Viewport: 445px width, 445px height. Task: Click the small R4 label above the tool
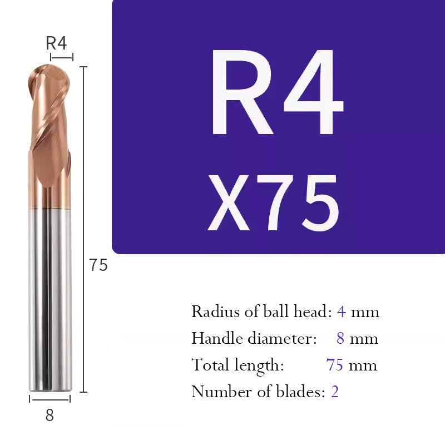pos(56,43)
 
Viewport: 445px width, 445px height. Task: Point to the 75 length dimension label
pos(98,265)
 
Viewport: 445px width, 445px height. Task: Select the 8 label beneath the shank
pos(50,415)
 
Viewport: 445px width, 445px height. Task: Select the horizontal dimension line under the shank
pos(50,399)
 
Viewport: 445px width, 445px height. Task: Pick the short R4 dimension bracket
pos(61,57)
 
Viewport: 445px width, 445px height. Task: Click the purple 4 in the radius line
pos(341,311)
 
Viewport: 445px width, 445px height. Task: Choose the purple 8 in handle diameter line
pos(340,338)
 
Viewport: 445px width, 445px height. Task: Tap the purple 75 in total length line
pos(334,365)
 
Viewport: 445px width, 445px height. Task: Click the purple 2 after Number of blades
pos(335,392)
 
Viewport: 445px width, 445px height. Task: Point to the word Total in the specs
pos(207,365)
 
